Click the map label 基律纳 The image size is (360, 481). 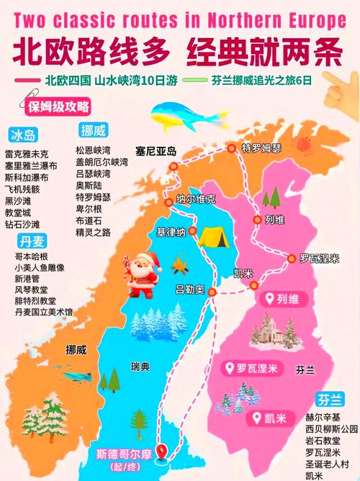(x=171, y=232)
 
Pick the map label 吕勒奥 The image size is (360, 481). (x=190, y=289)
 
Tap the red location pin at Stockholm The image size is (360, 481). (x=163, y=451)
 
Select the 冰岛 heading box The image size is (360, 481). (x=23, y=135)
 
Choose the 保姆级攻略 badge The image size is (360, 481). (x=58, y=107)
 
